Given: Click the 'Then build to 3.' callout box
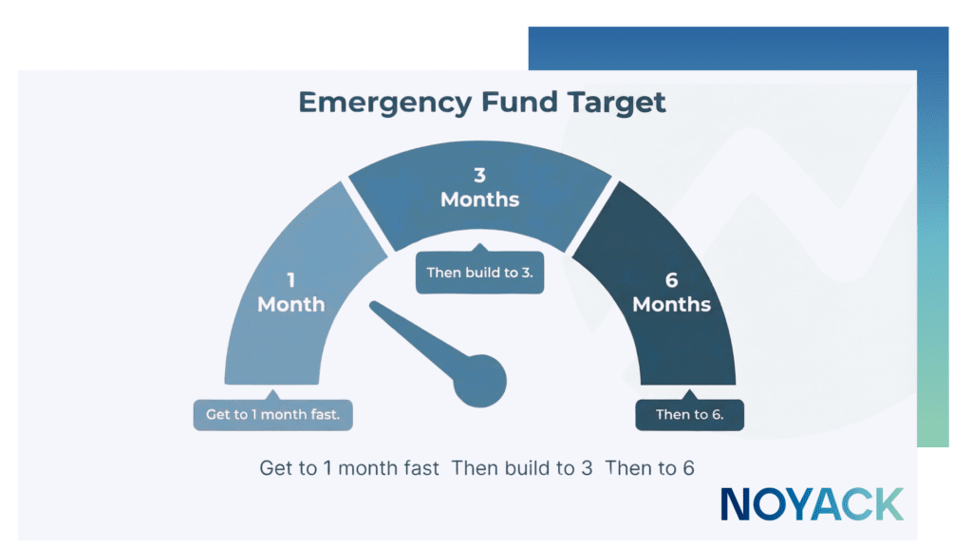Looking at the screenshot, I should click(479, 273).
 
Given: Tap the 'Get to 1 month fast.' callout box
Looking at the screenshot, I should click(272, 415).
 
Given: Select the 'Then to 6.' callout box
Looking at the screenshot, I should click(689, 415).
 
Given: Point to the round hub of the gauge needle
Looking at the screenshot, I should click(482, 380).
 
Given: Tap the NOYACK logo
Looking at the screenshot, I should click(812, 504).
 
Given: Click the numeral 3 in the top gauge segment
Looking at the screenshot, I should click(480, 176).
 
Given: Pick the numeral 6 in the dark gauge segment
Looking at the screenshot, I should click(671, 281).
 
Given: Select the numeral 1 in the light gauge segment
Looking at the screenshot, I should click(290, 281).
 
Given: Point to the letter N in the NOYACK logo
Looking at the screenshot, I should click(737, 504).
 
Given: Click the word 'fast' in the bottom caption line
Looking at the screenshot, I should click(421, 468).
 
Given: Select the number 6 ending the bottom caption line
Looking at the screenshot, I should click(688, 468).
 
